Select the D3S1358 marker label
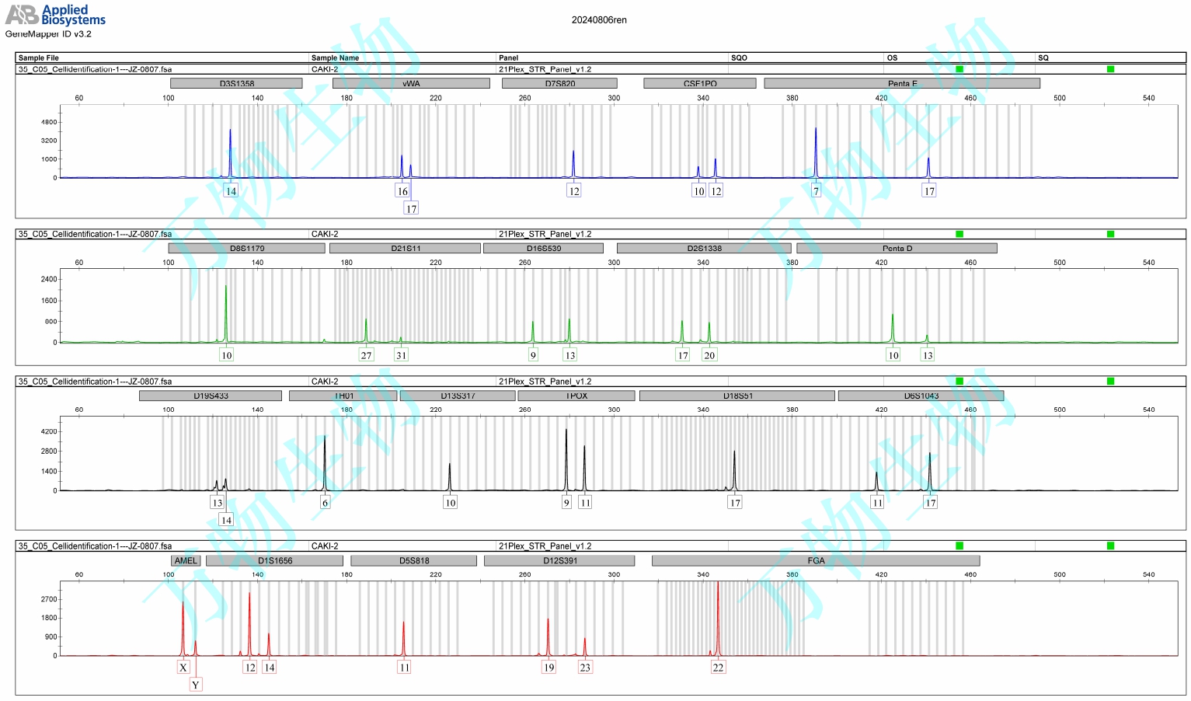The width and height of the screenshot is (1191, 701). click(236, 83)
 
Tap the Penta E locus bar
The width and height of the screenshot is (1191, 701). click(901, 83)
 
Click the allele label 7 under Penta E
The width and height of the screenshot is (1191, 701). click(816, 191)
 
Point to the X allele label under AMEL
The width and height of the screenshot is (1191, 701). click(183, 667)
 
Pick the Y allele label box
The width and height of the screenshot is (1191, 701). click(196, 685)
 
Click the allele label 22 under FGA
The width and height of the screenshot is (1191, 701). click(718, 667)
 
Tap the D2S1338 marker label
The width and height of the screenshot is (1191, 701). click(704, 248)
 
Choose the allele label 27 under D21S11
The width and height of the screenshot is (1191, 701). click(366, 355)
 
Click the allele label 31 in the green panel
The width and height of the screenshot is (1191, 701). click(401, 355)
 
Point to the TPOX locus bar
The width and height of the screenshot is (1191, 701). click(576, 396)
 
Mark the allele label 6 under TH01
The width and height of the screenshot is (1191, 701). click(325, 503)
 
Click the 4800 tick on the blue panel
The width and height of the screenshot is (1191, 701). click(49, 122)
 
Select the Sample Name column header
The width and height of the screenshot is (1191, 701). click(335, 58)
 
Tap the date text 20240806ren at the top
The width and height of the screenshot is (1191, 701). click(599, 20)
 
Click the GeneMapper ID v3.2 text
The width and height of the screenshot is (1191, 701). click(48, 34)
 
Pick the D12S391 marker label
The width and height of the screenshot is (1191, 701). click(559, 560)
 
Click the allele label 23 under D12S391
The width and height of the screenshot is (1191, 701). click(585, 667)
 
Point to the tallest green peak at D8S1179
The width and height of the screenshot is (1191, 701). click(226, 311)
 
